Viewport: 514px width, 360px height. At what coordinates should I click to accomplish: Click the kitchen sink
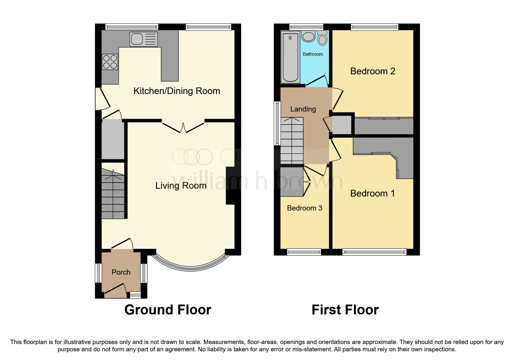tap(144, 39)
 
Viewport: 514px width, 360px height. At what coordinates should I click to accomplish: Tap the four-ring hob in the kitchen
tap(110, 62)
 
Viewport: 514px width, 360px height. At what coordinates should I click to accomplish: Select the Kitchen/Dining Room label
tap(176, 91)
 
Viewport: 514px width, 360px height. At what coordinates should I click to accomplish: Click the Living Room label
tap(181, 186)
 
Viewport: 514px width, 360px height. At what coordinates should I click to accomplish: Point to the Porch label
tap(121, 272)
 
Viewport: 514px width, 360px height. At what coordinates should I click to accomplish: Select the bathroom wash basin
tap(309, 37)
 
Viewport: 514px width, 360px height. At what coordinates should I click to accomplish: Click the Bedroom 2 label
tap(373, 71)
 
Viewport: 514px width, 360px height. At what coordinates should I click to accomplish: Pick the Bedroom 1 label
tap(372, 193)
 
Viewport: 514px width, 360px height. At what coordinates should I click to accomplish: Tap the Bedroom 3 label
tap(304, 208)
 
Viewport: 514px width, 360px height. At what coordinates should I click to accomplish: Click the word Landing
tap(303, 109)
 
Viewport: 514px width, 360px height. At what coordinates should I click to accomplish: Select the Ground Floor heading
tap(168, 310)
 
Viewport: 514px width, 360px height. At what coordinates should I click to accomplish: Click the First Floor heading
tap(345, 310)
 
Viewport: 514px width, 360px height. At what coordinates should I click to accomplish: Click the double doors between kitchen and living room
tap(183, 127)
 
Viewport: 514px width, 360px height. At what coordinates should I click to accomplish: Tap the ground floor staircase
tap(113, 195)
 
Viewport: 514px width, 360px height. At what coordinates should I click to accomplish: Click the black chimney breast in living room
tap(230, 186)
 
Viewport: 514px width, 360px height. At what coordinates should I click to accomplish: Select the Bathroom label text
tap(313, 54)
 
